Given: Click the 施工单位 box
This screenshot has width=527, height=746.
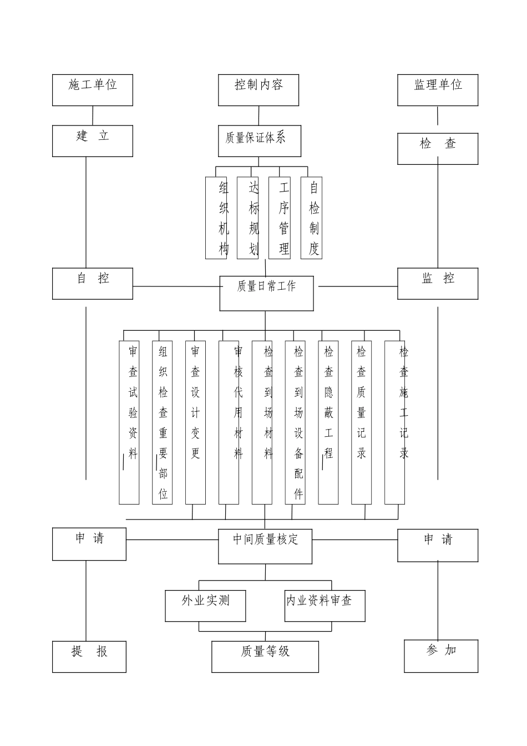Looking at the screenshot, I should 93,90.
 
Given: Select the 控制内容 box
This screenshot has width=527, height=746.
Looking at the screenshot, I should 259,90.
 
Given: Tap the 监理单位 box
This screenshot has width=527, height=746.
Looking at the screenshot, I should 438,90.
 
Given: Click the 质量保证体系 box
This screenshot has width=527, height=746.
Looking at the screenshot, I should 260,141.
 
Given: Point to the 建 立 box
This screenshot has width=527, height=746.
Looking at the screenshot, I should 93,140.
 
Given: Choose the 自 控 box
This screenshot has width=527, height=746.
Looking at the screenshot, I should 93,283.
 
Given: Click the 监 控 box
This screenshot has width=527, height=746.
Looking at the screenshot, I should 438,283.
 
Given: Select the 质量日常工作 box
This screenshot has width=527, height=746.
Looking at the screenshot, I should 266,293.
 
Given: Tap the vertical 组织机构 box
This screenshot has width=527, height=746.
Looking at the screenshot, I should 216,218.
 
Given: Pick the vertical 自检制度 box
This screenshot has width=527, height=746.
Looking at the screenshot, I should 312,218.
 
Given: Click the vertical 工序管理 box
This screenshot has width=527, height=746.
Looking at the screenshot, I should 280,218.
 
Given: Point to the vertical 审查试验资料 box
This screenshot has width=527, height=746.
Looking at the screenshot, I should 129,422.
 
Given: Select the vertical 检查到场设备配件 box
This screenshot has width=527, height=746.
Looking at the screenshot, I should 295,422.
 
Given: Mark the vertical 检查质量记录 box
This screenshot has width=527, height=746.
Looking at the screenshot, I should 362,422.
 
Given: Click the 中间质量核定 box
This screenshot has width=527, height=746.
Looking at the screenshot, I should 265,546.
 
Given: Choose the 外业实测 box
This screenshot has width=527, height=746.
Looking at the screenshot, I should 205,606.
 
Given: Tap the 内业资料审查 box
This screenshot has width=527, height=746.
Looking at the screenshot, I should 325,606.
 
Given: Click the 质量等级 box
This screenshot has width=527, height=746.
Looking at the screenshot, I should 265,657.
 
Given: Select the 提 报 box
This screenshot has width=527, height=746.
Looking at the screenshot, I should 89,657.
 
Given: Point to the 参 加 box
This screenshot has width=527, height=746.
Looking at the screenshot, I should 441,656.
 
